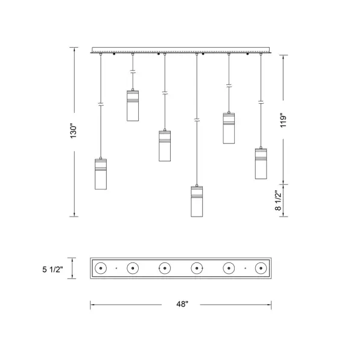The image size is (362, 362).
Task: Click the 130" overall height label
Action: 74,132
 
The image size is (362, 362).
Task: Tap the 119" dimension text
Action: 284,120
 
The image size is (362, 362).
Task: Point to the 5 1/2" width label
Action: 52,269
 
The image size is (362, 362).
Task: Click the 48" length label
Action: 182,304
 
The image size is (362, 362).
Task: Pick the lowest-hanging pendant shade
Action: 197,202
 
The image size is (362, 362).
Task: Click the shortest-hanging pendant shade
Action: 133,106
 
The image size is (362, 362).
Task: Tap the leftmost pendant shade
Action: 101,174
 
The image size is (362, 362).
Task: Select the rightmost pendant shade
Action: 261,164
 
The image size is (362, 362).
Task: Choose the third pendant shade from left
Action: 165,146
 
